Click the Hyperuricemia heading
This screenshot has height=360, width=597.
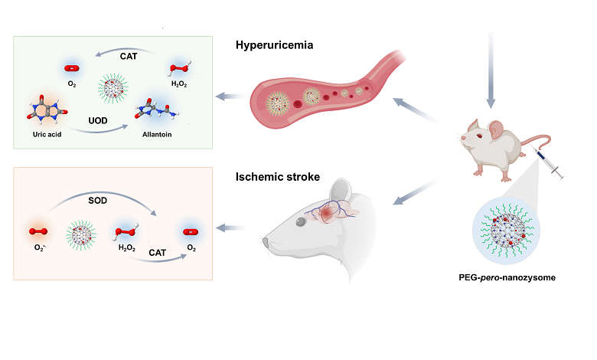275,45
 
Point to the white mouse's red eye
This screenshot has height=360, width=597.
475,136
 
